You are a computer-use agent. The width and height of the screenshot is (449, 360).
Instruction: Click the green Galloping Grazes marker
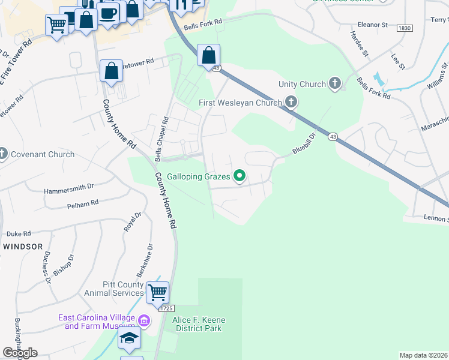[x=240, y=176]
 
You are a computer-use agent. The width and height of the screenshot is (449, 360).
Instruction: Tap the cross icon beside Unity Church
[x=335, y=84]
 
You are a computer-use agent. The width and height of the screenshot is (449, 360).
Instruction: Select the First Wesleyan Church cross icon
[x=291, y=102]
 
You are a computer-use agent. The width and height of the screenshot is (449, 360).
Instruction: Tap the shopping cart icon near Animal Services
[x=157, y=292]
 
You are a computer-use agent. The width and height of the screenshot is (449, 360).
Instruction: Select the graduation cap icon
[x=129, y=337]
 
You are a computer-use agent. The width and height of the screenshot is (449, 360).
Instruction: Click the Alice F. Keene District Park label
[x=197, y=324]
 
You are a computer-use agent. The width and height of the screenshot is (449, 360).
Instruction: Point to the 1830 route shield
[x=405, y=28]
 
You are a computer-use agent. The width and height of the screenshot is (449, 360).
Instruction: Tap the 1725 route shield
[x=166, y=308]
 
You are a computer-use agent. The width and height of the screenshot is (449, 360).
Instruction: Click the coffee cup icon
[x=108, y=13]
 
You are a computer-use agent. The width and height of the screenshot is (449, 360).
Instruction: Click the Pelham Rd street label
[x=83, y=204]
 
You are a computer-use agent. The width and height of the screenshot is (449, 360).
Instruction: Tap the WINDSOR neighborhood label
[x=22, y=247]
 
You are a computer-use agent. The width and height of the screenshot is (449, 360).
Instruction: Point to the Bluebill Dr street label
[x=304, y=143]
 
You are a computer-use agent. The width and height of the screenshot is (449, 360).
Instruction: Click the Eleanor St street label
[x=372, y=25]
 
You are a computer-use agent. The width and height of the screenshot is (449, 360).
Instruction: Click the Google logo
[x=20, y=353]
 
